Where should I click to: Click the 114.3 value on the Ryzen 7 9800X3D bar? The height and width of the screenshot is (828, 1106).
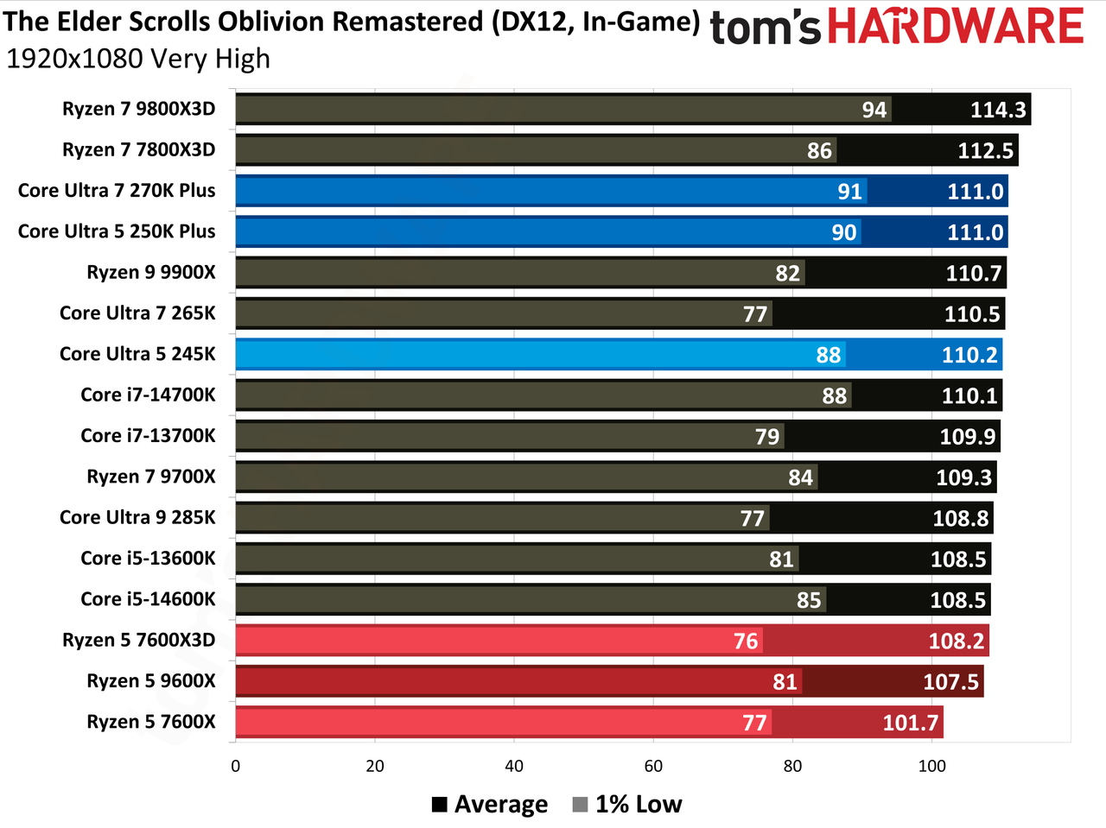(x=998, y=110)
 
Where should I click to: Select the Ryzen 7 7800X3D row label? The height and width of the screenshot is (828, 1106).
(x=138, y=149)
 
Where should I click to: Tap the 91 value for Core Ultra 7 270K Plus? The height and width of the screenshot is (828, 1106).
(x=849, y=192)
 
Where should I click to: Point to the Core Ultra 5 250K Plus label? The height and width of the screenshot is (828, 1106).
(x=117, y=231)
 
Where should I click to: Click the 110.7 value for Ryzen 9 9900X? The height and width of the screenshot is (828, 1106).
(x=974, y=274)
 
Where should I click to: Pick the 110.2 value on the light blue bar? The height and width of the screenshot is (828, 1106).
(x=969, y=355)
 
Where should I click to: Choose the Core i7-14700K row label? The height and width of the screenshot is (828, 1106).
(x=148, y=395)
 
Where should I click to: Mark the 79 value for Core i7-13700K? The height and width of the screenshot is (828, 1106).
(x=767, y=436)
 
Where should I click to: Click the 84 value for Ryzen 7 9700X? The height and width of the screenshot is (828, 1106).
(x=800, y=477)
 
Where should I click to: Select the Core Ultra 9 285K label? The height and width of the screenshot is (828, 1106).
(x=137, y=517)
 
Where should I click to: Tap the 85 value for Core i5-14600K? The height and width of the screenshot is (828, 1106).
(x=809, y=600)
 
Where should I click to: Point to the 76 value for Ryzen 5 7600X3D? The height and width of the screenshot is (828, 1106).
(x=745, y=641)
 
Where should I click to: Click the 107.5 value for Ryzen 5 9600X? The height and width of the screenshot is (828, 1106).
(x=950, y=682)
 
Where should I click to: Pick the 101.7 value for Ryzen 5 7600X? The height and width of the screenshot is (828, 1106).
(x=910, y=723)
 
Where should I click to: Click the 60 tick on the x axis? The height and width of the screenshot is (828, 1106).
(x=653, y=766)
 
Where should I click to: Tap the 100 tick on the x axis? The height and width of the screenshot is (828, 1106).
(x=931, y=766)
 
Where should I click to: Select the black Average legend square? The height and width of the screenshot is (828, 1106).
(x=440, y=805)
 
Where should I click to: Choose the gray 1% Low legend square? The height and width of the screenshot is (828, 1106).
(x=580, y=805)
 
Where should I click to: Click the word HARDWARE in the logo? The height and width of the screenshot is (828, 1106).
(x=956, y=26)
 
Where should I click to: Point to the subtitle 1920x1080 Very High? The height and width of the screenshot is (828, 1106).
(x=138, y=59)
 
